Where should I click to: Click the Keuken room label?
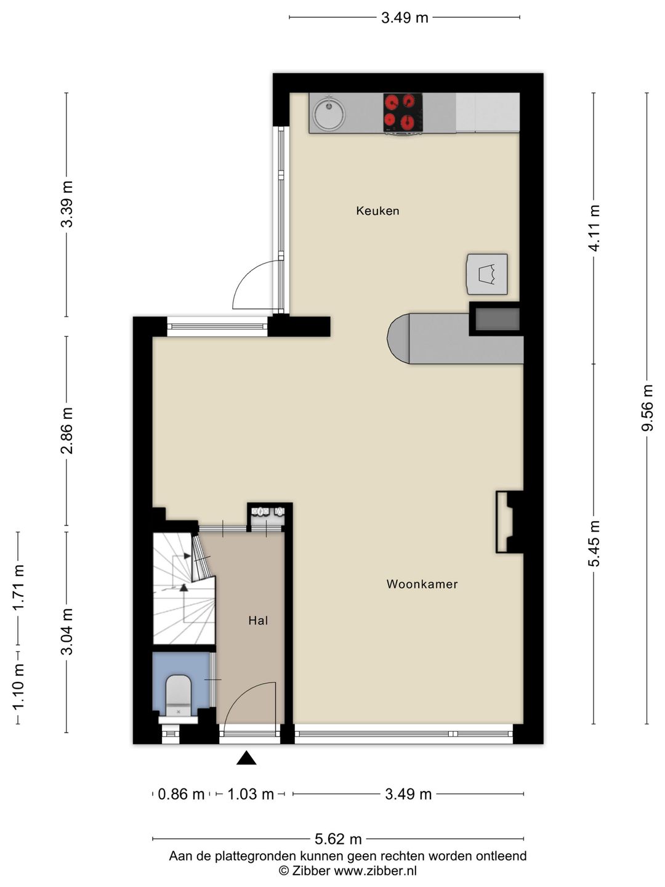377,211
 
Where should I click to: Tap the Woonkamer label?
422,584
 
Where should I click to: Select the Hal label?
258,620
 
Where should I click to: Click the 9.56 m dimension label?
647,407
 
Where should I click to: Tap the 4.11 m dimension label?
594,228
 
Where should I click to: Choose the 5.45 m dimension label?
594,543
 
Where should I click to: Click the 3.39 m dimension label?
66,204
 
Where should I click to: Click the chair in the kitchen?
487,274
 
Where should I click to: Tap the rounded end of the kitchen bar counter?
398,338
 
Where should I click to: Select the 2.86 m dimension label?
66,431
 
